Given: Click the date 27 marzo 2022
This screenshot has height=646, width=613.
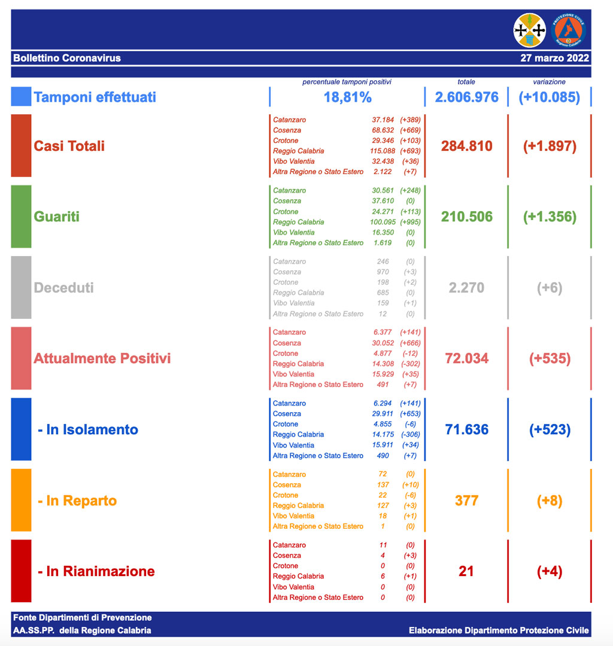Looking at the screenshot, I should [x=554, y=58].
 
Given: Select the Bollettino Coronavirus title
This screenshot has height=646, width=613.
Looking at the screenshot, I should [x=67, y=58].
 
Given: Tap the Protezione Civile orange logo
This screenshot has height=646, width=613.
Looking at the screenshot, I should [x=568, y=30].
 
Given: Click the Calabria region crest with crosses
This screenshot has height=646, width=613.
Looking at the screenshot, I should [x=530, y=30].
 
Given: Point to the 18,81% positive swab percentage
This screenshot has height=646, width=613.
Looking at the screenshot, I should [x=347, y=97].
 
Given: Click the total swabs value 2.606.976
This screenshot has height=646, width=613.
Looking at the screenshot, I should [x=466, y=97].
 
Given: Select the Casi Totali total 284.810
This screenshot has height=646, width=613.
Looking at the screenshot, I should [x=466, y=146].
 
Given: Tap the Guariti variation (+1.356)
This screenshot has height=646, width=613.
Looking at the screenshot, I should [x=550, y=217].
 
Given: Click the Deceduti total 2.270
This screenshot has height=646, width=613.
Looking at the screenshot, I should [x=466, y=288].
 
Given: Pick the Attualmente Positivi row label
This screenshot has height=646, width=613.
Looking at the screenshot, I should [x=102, y=358].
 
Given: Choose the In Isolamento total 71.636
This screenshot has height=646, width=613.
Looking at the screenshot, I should [x=466, y=429].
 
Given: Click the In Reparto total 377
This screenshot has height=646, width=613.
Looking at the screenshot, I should [x=466, y=500].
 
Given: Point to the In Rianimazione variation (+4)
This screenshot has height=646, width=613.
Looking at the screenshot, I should [x=550, y=571].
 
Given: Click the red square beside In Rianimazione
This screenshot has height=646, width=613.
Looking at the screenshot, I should [x=21, y=571].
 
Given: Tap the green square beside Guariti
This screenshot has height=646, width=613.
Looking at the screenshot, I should [x=21, y=217].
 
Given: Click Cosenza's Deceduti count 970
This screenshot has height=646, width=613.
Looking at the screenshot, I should [x=383, y=272].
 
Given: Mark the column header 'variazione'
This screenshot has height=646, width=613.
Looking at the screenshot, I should [x=549, y=82].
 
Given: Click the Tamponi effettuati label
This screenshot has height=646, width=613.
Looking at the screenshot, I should [x=95, y=97].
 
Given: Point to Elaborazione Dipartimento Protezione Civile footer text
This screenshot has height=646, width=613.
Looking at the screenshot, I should [x=499, y=630].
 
